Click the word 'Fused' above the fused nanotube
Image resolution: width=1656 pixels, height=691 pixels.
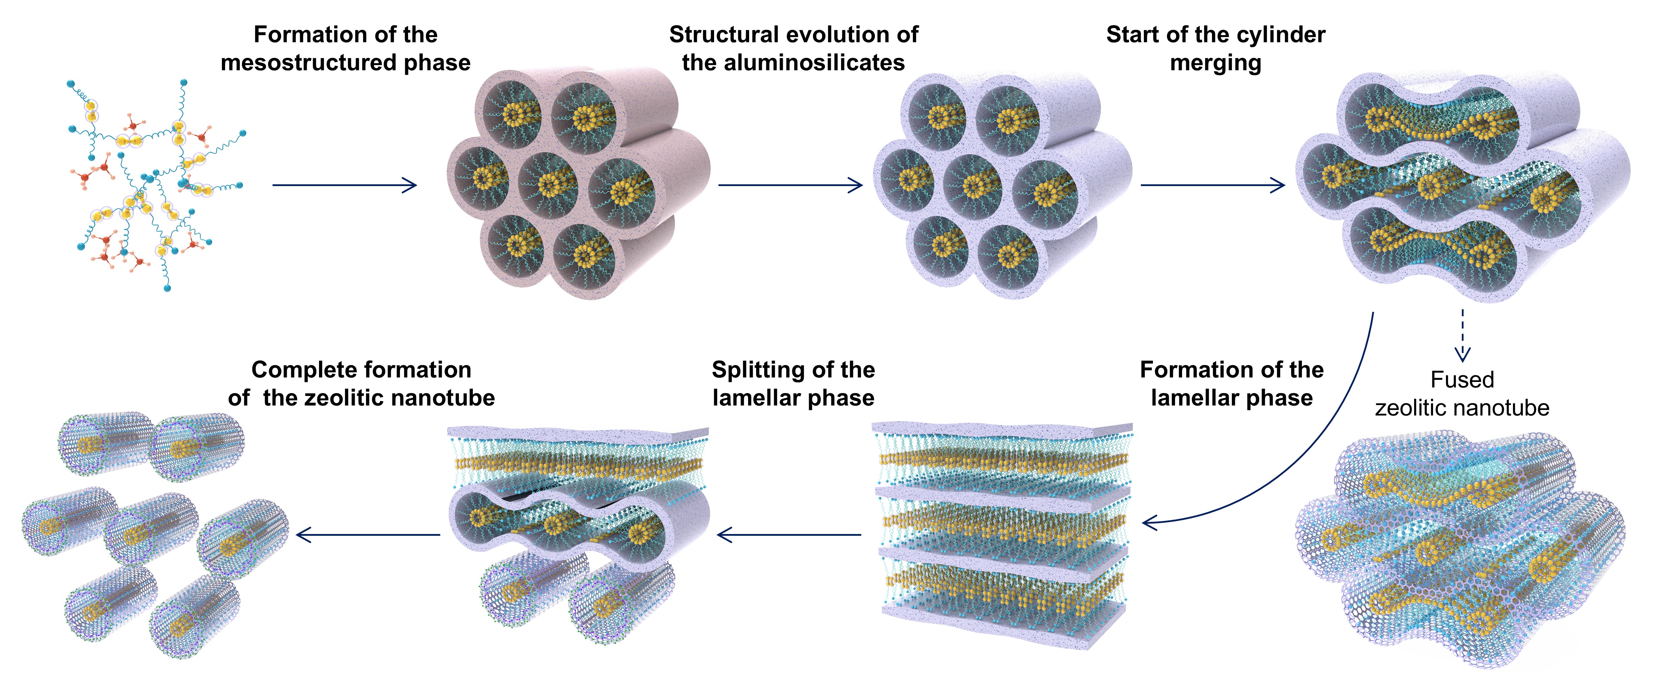click(x=1462, y=380)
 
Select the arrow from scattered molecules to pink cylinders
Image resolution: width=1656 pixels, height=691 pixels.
click(x=345, y=185)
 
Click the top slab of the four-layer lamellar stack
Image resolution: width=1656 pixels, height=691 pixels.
click(x=1002, y=429)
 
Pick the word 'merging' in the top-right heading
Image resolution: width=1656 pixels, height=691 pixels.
click(x=1215, y=63)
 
